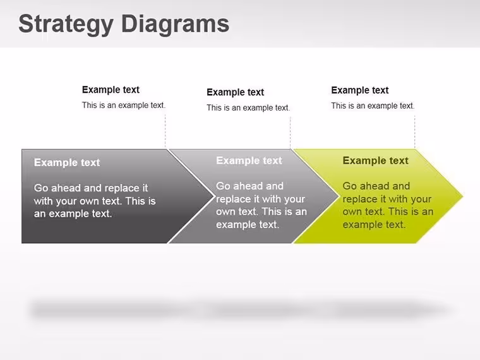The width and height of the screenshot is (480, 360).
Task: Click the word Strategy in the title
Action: pyautogui.click(x=66, y=25)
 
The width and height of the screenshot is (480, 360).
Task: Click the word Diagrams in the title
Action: pyautogui.click(x=175, y=24)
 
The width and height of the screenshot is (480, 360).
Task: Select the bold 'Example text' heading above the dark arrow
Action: pyautogui.click(x=111, y=90)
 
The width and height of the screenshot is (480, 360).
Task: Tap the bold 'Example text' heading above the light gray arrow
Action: pyautogui.click(x=235, y=92)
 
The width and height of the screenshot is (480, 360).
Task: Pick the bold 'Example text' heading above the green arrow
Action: pyautogui.click(x=360, y=90)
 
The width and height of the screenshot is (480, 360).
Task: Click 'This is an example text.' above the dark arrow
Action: pyautogui.click(x=124, y=105)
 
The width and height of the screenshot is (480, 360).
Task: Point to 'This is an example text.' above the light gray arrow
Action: pyautogui.click(x=248, y=108)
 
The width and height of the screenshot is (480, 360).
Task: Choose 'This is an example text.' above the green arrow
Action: pyautogui.click(x=373, y=106)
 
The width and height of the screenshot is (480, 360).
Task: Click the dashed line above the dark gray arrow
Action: pyautogui.click(x=165, y=131)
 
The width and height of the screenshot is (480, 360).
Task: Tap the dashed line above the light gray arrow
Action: pyautogui.click(x=290, y=133)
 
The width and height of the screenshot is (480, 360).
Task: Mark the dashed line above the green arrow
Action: pyautogui.click(x=415, y=132)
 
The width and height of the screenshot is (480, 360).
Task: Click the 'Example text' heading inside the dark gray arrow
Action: pyautogui.click(x=67, y=162)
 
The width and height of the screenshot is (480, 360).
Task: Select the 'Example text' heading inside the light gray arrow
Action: pyautogui.click(x=249, y=160)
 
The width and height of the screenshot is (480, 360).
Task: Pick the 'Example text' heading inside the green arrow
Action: pyautogui.click(x=375, y=160)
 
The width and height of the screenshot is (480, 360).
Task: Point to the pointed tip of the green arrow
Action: pyautogui.click(x=463, y=196)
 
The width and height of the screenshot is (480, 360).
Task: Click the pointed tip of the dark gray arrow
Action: pyautogui.click(x=214, y=196)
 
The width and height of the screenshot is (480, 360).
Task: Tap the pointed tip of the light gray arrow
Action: pyautogui.click(x=339, y=196)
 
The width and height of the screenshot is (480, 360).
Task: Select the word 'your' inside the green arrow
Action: pyautogui.click(x=419, y=199)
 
